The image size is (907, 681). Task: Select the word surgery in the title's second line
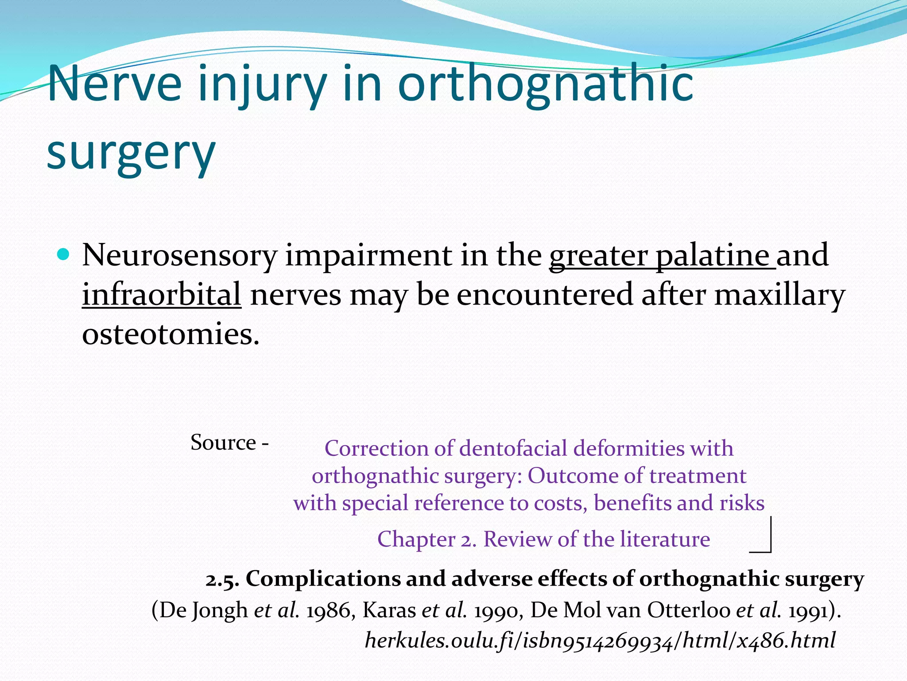(x=131, y=153)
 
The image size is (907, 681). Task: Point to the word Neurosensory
(x=179, y=256)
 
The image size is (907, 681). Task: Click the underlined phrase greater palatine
(x=660, y=256)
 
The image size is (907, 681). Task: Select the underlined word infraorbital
(x=162, y=295)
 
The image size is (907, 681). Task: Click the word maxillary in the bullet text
(x=779, y=295)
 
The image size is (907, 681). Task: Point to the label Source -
(x=229, y=442)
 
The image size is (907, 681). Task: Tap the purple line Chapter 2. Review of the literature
(x=543, y=539)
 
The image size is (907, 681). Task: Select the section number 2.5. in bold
(x=222, y=579)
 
